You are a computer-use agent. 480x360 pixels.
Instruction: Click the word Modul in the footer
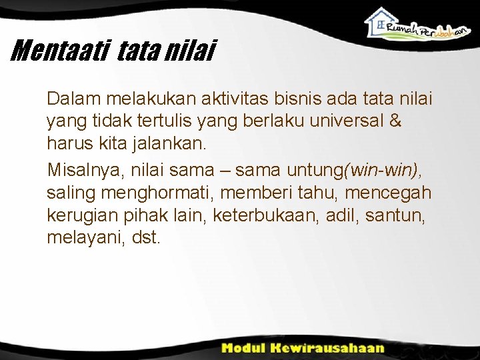click(x=243, y=348)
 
